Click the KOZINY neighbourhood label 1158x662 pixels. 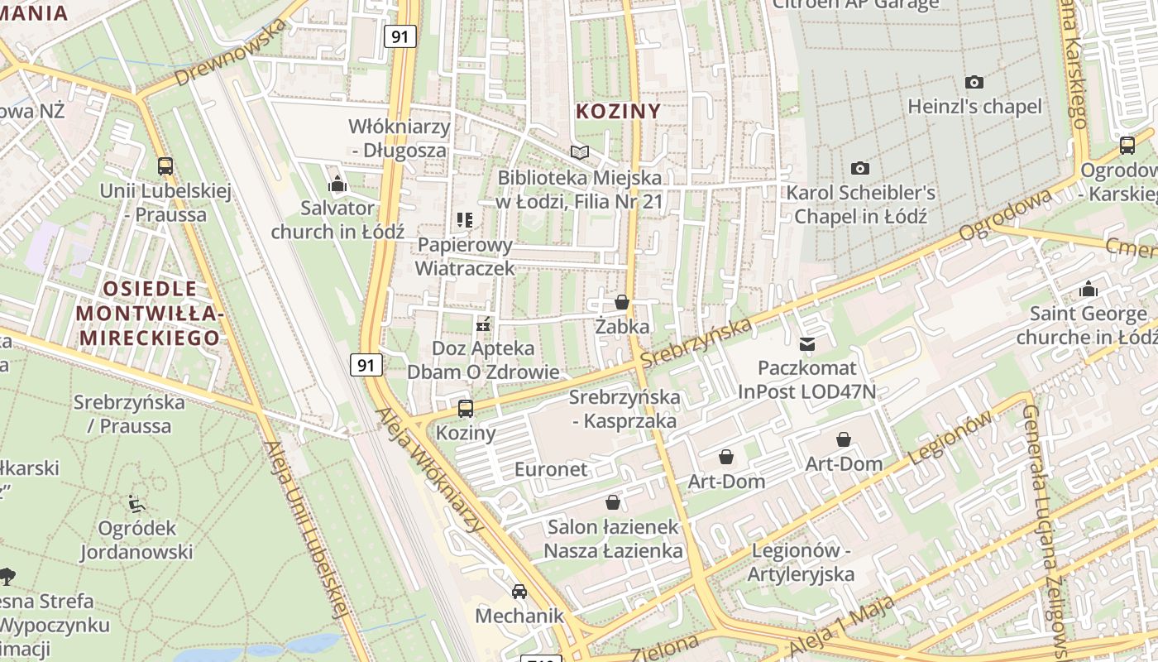[618, 112]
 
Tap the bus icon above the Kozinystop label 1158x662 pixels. [466, 408]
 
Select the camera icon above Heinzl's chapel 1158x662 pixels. [974, 82]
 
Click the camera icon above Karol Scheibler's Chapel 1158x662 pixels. [860, 168]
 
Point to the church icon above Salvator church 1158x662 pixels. [337, 184]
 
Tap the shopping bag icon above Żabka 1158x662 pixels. [622, 302]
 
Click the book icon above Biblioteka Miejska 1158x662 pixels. [580, 153]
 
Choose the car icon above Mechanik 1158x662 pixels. [519, 591]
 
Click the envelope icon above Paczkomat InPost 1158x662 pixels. [806, 343]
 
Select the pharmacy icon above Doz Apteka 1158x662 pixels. [483, 324]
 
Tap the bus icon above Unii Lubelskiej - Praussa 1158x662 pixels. [165, 166]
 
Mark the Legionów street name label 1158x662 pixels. [950, 439]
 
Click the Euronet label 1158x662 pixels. [551, 469]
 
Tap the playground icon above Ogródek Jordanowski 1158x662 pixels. [136, 503]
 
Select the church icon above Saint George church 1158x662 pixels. [1089, 290]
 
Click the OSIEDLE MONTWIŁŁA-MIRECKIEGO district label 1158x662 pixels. [149, 313]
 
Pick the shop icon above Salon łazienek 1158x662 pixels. [613, 502]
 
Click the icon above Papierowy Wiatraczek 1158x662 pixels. [465, 220]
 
